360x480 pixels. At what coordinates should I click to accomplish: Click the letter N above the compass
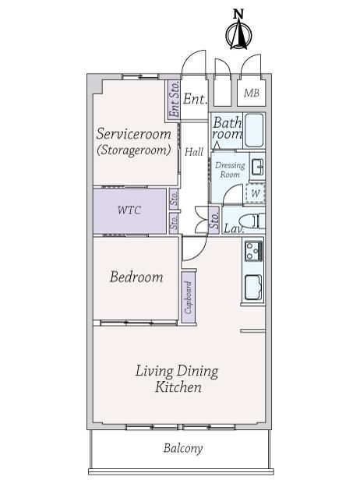238,14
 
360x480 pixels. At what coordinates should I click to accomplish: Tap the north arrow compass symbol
238,34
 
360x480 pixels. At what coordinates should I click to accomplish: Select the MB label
252,93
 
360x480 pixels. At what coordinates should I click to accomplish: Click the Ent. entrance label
195,99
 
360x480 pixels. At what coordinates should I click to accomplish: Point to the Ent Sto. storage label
175,99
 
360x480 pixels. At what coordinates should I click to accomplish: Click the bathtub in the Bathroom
254,130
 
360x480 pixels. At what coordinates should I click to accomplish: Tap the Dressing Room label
230,170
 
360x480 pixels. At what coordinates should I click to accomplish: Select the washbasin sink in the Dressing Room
258,167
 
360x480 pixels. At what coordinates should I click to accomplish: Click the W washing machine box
256,193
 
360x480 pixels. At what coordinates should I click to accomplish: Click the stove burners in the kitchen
253,251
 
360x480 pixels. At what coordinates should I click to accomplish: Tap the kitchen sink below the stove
253,288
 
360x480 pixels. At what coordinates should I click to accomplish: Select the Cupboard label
189,297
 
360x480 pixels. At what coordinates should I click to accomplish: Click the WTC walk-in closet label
129,210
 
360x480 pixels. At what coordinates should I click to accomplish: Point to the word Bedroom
136,277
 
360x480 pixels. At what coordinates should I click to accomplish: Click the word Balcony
183,449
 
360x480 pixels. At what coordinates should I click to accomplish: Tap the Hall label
194,151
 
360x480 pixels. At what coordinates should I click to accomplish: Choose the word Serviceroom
134,134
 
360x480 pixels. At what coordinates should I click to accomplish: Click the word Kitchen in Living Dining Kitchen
178,387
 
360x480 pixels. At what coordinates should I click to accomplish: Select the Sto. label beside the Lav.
214,220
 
